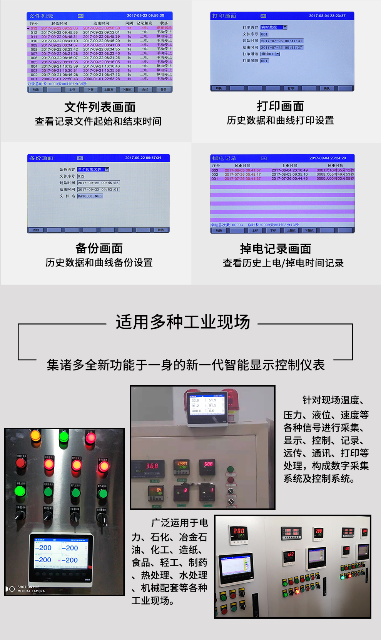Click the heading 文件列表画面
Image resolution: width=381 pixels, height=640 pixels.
tap(100, 107)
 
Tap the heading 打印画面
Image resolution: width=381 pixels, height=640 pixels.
tap(280, 106)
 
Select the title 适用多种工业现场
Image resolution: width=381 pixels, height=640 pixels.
tap(183, 322)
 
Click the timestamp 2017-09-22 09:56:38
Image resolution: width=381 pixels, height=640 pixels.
tap(145, 16)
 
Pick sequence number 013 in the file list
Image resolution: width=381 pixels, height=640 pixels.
tap(34, 28)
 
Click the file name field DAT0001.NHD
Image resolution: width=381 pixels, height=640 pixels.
tap(90, 196)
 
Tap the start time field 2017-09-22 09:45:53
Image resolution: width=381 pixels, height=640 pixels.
tap(98, 183)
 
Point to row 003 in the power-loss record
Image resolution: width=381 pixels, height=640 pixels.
tap(215, 170)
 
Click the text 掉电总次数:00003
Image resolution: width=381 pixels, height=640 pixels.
tap(227, 225)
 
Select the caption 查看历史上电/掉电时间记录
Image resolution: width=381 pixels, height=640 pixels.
tap(283, 263)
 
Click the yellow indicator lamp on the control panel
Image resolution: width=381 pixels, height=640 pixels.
tap(35, 436)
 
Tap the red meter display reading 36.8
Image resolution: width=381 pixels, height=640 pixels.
tap(152, 466)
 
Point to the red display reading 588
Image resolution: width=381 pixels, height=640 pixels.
tap(208, 464)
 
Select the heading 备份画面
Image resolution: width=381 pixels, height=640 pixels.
tap(99, 248)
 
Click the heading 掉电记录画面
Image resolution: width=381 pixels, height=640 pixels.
tap(276, 249)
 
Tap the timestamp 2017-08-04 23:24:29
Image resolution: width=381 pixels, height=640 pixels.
tap(328, 158)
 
